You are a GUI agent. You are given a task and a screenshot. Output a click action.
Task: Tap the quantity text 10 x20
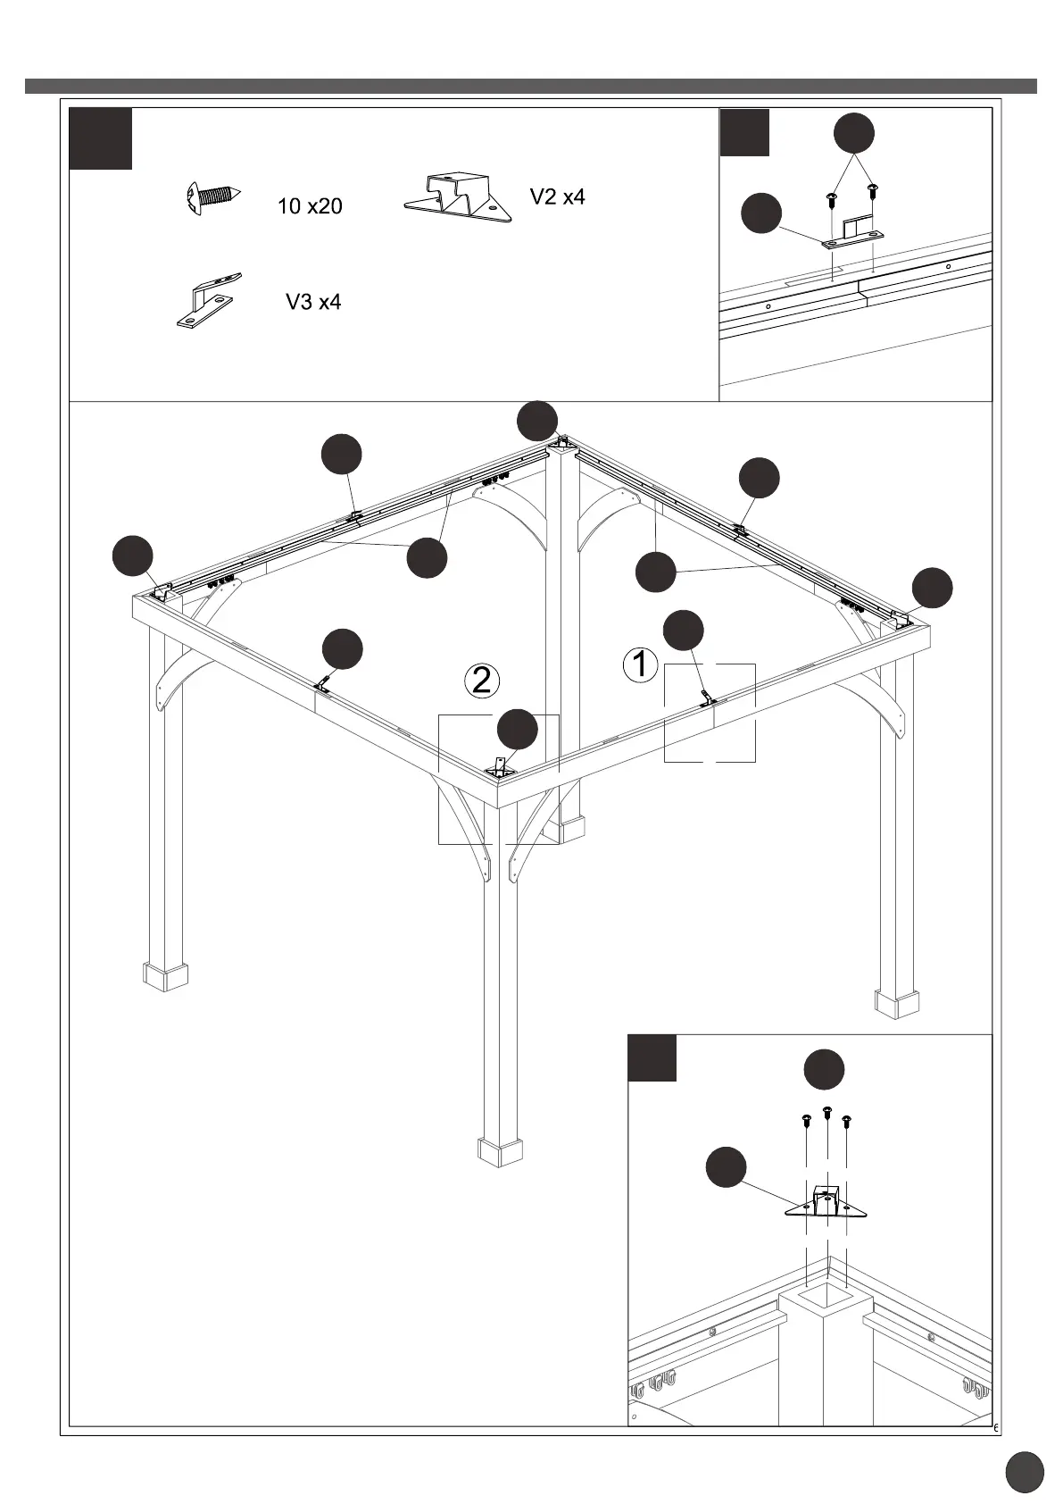coord(310,206)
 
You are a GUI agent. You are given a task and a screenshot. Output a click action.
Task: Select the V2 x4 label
coord(558,197)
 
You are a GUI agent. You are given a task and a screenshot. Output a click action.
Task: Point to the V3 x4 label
coord(313,302)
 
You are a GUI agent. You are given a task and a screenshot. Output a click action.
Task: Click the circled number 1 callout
coord(640,664)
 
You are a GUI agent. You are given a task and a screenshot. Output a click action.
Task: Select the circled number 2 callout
coord(482,681)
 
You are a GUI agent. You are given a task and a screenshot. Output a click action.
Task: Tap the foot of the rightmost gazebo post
coord(896,1002)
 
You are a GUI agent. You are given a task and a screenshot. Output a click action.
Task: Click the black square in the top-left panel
coord(101,138)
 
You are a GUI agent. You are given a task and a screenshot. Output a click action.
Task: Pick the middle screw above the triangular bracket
coord(826,1113)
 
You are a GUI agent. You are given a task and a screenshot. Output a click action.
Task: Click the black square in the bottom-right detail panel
coord(652,1057)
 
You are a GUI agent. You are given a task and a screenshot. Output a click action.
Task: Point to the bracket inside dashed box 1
coord(708,700)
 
